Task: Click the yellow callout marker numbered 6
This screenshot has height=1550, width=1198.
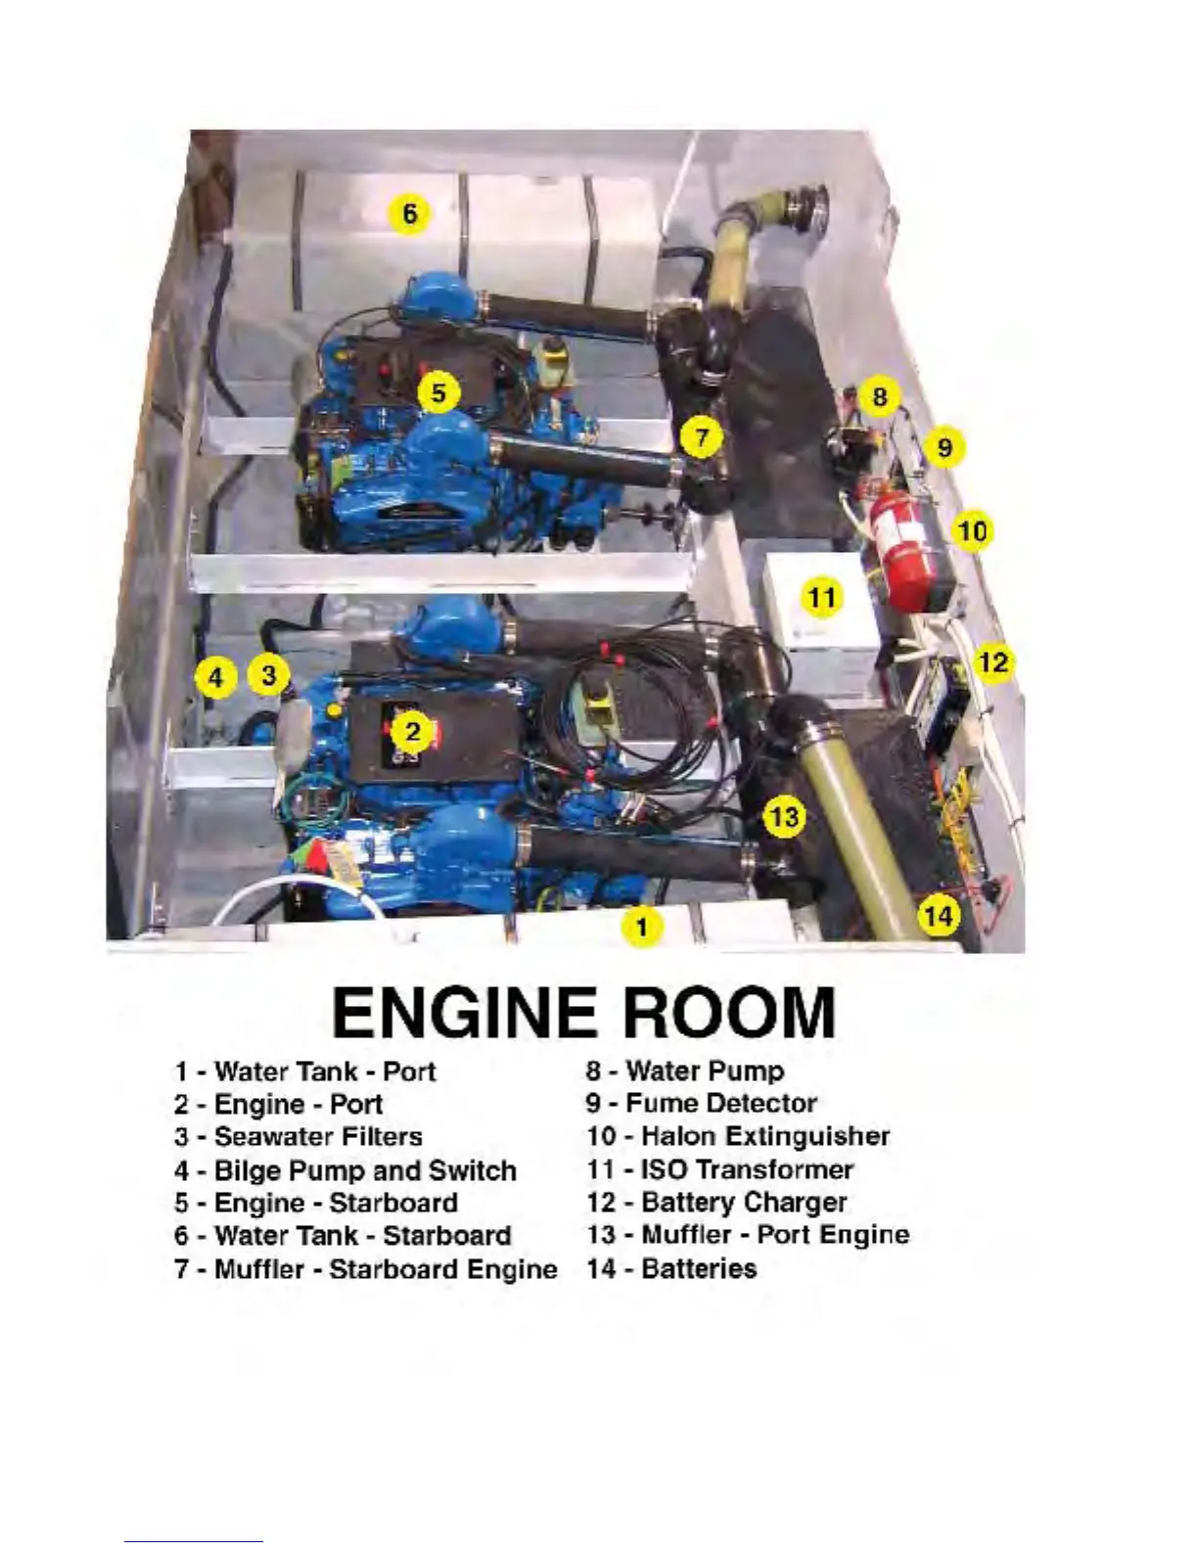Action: pos(409,212)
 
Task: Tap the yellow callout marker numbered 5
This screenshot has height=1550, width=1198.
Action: pos(438,392)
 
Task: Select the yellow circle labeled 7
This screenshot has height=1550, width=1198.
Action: pos(702,436)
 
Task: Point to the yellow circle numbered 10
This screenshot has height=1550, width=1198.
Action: pos(972,531)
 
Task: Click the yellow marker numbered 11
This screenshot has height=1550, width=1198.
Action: pos(822,596)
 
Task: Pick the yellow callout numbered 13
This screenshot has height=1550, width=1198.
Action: pos(784,815)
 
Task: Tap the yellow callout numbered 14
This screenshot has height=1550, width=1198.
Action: pos(938,916)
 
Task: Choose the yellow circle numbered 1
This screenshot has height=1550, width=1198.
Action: pos(641,926)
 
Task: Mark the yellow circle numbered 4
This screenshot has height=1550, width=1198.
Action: pos(216,676)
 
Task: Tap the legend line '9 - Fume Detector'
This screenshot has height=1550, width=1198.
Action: pos(701,1103)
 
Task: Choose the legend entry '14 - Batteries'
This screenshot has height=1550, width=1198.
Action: pos(671,1268)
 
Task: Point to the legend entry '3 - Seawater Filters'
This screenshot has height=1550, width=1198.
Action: pos(299,1136)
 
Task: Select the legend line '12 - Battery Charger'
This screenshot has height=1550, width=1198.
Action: pos(716,1202)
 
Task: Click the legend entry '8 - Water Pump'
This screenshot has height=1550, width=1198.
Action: pos(685,1071)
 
